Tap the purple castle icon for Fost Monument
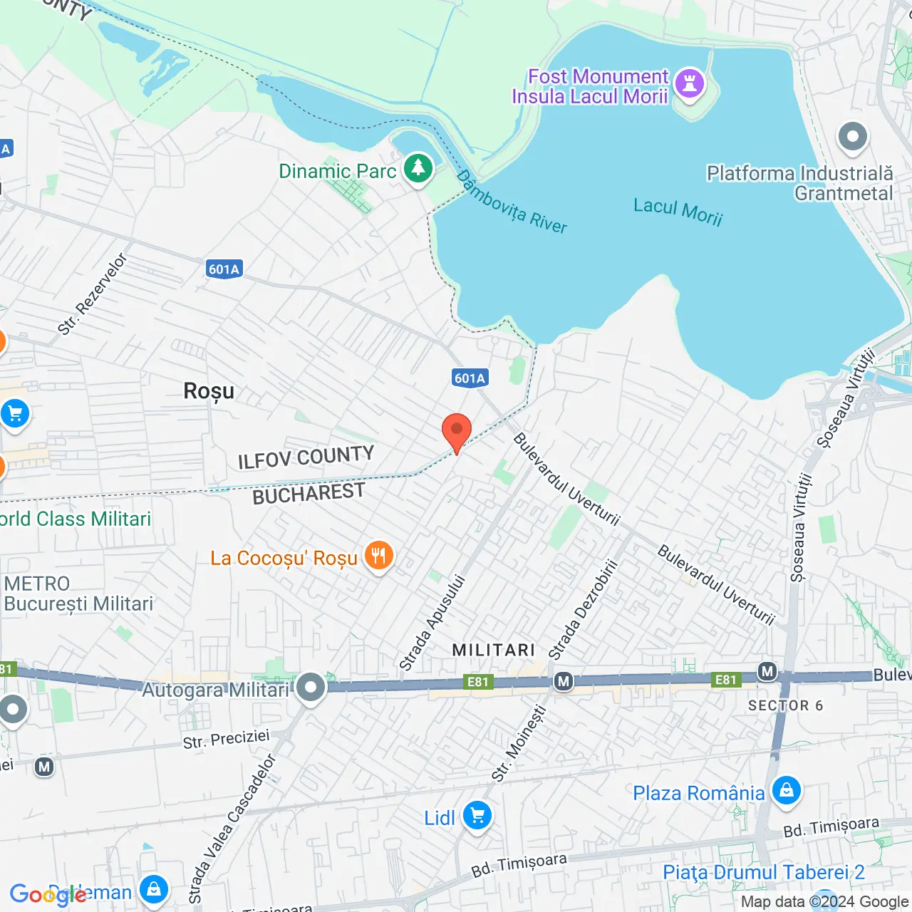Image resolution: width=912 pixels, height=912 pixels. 689,83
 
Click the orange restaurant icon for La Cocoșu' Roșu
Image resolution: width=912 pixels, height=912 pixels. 378,556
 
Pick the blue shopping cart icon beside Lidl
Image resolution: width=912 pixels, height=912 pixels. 477,816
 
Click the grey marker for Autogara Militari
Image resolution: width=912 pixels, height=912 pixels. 311,688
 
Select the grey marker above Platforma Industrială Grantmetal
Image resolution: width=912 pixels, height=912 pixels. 852,137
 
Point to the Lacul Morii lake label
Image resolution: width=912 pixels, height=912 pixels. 678,212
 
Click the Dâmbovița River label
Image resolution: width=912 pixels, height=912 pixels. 512,202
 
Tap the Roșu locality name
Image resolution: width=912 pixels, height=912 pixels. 209,391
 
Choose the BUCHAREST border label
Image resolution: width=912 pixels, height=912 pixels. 309,494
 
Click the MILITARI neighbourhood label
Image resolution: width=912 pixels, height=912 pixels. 493,650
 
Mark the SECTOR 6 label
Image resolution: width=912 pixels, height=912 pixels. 785,705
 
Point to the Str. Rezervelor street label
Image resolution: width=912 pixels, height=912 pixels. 92,294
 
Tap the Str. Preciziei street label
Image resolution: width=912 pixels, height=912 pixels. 226,739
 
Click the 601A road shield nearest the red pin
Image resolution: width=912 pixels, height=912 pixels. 470,378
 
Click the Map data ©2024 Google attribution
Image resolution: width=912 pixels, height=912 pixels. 824,901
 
